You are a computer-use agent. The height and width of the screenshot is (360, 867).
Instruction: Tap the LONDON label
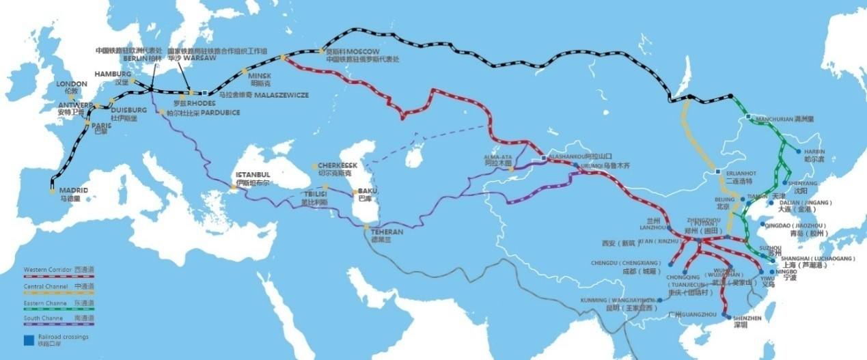[x=72, y=84]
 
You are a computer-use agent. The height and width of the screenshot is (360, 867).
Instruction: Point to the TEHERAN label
[x=387, y=232]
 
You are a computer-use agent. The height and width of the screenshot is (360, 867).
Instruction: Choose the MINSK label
[x=260, y=76]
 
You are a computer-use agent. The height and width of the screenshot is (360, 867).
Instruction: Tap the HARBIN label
[x=814, y=152]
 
